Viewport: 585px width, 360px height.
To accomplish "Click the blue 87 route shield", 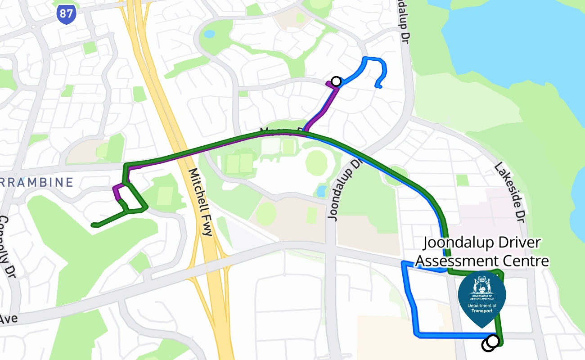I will [66, 15].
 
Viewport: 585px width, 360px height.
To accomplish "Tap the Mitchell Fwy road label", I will [200, 202].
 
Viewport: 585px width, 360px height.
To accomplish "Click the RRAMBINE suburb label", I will [36, 182].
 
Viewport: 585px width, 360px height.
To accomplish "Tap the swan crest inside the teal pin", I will [481, 284].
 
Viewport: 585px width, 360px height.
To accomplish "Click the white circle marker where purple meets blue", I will [336, 81].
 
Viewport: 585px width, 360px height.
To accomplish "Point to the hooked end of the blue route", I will [379, 85].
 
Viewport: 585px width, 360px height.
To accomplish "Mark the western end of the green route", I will [93, 225].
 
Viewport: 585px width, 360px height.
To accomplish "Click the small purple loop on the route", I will [118, 192].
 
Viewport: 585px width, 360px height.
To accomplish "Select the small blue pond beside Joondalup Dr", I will [322, 191].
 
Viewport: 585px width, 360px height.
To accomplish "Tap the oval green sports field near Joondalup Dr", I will [318, 162].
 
